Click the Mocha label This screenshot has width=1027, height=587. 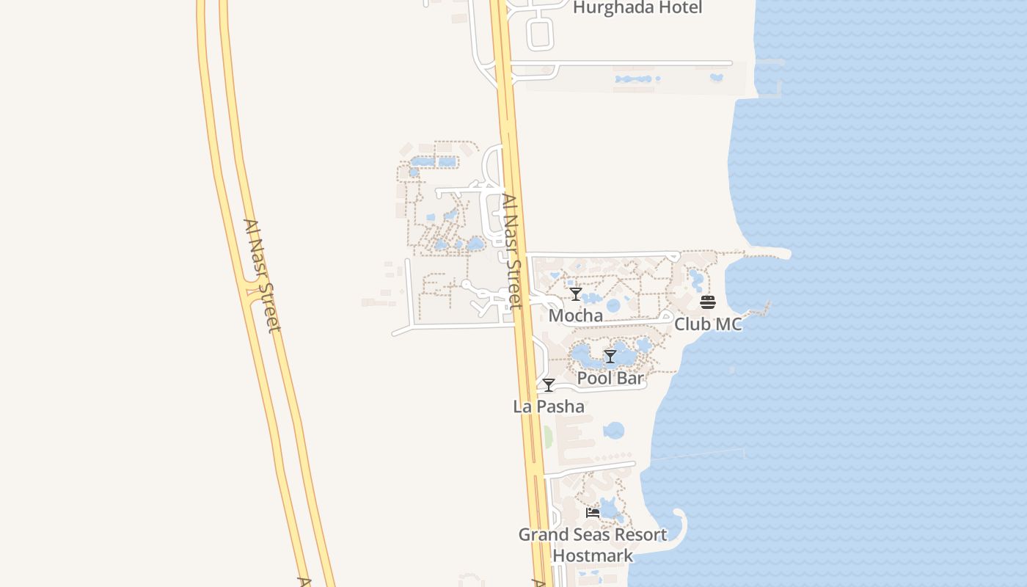point(576,316)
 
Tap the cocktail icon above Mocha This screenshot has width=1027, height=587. point(576,294)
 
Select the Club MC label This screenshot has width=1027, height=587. point(708,324)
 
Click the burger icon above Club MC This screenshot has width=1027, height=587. point(708,302)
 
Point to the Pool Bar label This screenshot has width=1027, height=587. point(610,379)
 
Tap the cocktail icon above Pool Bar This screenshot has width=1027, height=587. point(610,357)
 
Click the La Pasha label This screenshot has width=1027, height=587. point(549,406)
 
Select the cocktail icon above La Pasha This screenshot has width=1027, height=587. point(549,385)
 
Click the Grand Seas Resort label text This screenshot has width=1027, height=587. point(593,535)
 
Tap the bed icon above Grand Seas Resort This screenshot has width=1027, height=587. point(593,513)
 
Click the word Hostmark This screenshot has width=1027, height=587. point(593,555)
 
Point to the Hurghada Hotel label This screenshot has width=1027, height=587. point(637,8)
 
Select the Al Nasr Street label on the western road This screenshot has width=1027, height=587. point(262,275)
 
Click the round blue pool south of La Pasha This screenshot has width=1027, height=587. point(614,431)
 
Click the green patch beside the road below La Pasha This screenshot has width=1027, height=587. point(547,437)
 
